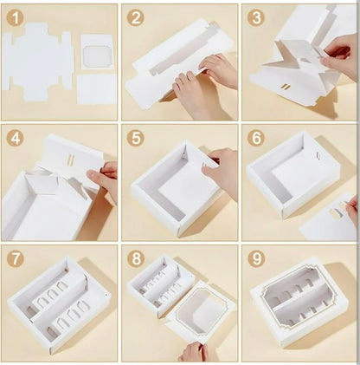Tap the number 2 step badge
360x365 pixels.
point(136,17)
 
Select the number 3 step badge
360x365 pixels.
point(255,17)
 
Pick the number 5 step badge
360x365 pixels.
point(136,138)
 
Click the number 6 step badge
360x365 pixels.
point(255,138)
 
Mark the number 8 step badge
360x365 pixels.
point(136,258)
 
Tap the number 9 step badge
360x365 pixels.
point(255,258)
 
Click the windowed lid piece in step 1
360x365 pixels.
point(97,52)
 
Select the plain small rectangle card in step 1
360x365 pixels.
point(96,89)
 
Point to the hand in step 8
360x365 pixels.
point(192,351)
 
